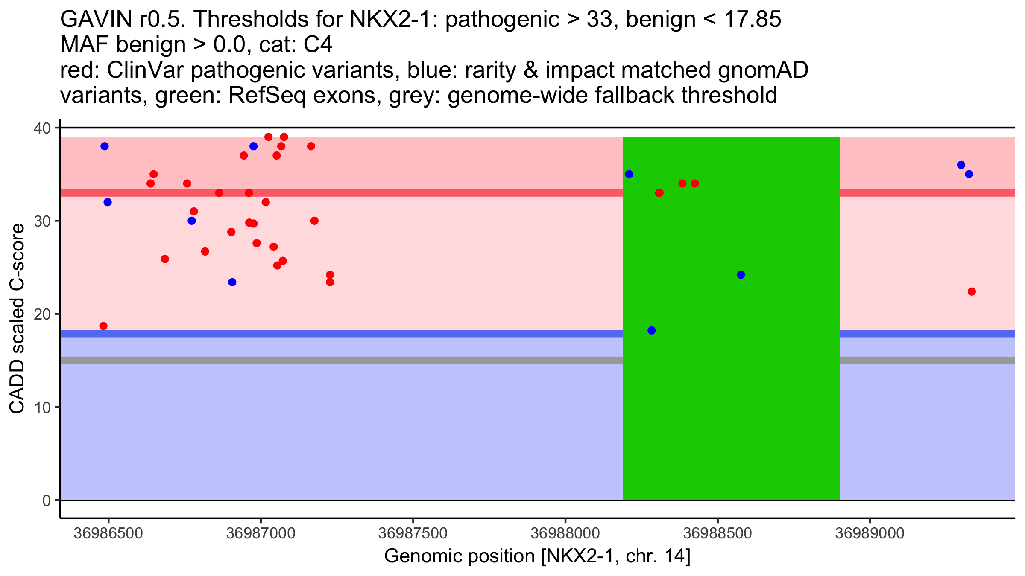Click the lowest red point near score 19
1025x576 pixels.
[103, 326]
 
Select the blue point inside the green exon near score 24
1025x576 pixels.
[741, 275]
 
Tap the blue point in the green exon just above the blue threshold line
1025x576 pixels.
[651, 330]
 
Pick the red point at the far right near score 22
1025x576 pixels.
[972, 291]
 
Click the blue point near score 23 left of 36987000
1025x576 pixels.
[232, 282]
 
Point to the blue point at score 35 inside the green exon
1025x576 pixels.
[629, 174]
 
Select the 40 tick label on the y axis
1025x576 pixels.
[42, 128]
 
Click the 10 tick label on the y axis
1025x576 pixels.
[42, 407]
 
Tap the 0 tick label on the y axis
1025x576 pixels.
[47, 500]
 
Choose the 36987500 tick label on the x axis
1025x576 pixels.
[413, 533]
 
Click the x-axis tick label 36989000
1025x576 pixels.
[870, 533]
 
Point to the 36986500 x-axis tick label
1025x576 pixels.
[108, 533]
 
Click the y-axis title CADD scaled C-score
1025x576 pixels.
[17, 319]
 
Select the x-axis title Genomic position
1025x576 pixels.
[537, 556]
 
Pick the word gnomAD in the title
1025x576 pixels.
[763, 70]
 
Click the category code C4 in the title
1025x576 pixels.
[318, 44]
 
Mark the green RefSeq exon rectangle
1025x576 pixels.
[732, 405]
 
